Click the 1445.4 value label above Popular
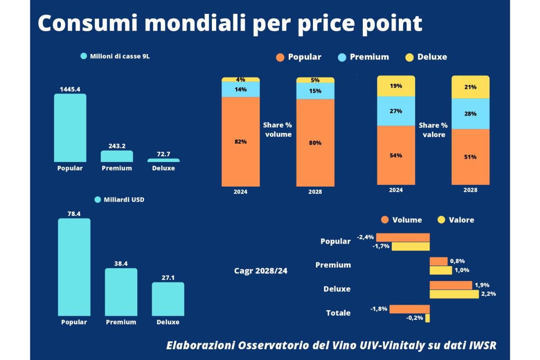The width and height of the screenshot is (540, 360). click(x=70, y=89)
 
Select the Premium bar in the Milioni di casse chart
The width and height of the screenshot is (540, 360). click(x=117, y=156)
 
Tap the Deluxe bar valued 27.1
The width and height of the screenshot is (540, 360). click(x=168, y=299)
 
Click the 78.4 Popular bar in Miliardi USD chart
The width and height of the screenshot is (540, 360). click(x=74, y=267)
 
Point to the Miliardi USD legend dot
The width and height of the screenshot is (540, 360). click(x=98, y=199)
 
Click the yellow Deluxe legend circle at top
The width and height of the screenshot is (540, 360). click(x=409, y=58)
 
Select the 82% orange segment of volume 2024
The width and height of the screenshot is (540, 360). click(x=240, y=141)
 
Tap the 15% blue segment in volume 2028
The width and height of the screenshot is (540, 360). click(x=315, y=91)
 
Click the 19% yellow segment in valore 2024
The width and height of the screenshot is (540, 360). click(x=396, y=86)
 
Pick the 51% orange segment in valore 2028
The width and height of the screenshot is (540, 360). click(x=470, y=157)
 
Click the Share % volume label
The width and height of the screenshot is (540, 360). click(x=278, y=130)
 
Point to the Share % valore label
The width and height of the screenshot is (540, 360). click(x=433, y=130)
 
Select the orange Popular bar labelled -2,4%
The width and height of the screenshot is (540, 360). click(x=403, y=237)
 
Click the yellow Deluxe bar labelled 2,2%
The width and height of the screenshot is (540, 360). click(x=454, y=294)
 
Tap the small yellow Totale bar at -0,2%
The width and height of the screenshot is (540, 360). click(x=427, y=318)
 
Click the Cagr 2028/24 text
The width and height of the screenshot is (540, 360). click(x=261, y=271)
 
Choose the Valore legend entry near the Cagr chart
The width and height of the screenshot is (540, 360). click(x=455, y=220)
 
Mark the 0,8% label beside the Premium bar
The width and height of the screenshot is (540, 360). click(x=457, y=261)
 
